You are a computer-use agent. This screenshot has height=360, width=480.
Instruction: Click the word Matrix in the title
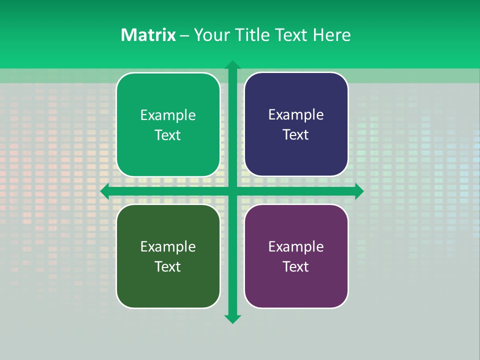point(148,35)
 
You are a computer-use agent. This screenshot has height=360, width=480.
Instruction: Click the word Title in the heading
point(251,35)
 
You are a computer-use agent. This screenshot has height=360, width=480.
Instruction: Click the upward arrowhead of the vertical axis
point(232,65)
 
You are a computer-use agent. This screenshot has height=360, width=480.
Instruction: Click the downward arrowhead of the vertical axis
point(232,318)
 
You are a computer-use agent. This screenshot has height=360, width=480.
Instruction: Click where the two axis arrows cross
point(232,191)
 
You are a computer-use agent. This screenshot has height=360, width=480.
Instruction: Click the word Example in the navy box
point(296,115)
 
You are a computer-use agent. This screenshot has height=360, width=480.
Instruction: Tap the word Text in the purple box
point(296,266)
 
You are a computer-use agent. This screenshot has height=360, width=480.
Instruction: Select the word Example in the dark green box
point(168,246)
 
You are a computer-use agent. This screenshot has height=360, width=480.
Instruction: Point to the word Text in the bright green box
point(168,135)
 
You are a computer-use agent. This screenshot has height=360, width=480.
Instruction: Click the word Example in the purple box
point(296,246)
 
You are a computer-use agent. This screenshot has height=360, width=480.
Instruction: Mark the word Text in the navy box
point(296,135)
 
